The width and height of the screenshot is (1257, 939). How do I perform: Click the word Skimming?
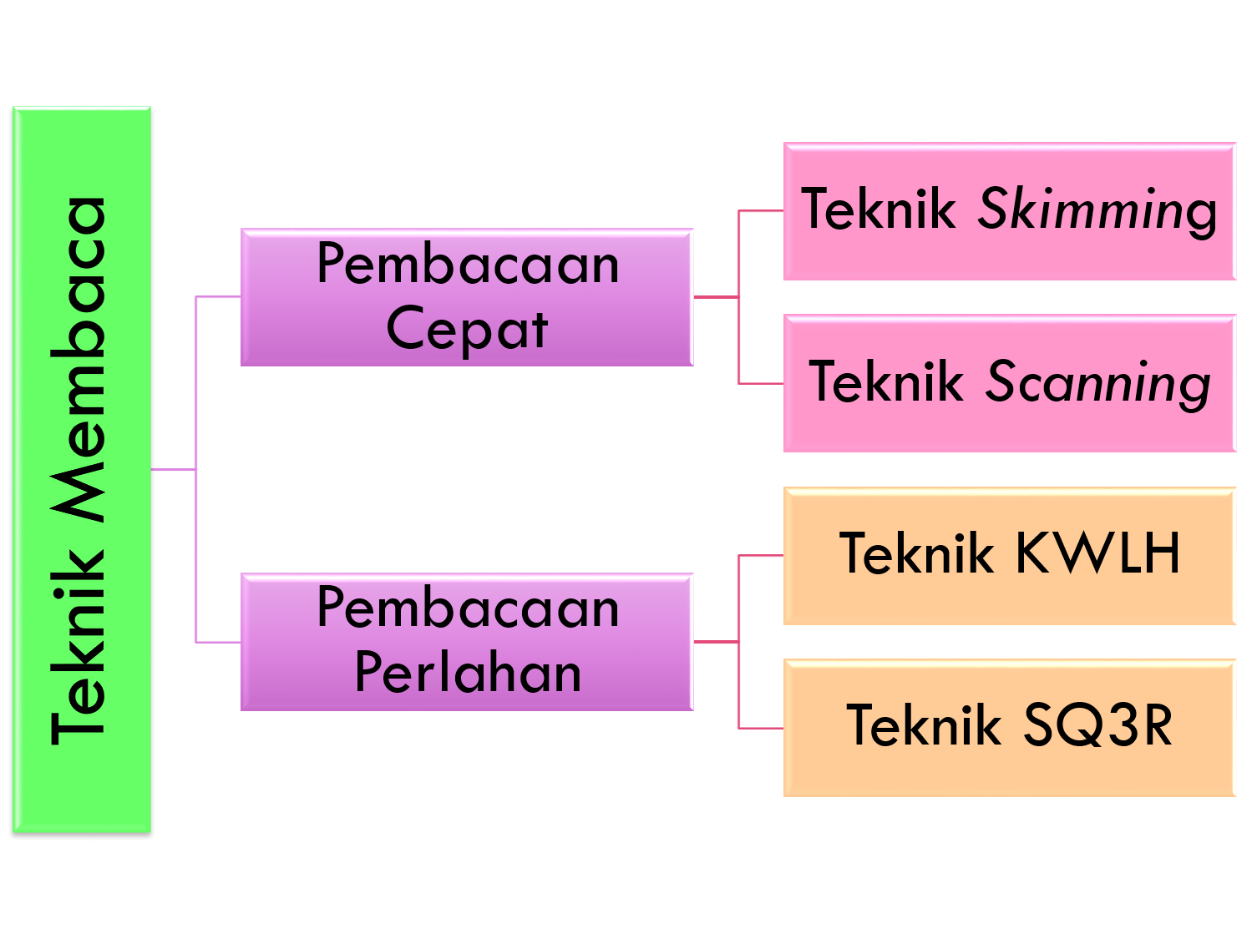coord(1097,210)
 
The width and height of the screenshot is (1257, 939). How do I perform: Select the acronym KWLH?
coord(1097,553)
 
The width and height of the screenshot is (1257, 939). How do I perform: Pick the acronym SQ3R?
coord(1097,725)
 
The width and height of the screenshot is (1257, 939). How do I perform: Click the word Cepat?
coord(467,330)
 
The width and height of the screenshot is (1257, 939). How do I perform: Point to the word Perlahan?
coord(467,673)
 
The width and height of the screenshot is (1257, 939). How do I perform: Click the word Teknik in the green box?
coord(79,647)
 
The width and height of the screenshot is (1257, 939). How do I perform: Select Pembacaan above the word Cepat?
coord(467,265)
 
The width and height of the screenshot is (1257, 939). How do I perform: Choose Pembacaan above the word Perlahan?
coord(467,608)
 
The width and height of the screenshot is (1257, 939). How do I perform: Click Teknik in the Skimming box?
coord(878,209)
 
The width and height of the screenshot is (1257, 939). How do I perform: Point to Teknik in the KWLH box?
coord(915,553)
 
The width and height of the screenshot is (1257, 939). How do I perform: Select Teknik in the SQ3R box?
coord(923,725)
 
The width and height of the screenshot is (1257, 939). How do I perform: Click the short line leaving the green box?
coord(173,470)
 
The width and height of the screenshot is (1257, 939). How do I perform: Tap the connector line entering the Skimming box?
coord(761,212)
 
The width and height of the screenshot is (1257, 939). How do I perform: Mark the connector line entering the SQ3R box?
coord(761,728)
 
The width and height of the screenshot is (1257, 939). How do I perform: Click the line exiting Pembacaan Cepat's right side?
coord(715,296)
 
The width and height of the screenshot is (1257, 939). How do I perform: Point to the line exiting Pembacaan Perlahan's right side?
coord(715,642)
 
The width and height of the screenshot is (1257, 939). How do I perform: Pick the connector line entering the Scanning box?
coord(761,384)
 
